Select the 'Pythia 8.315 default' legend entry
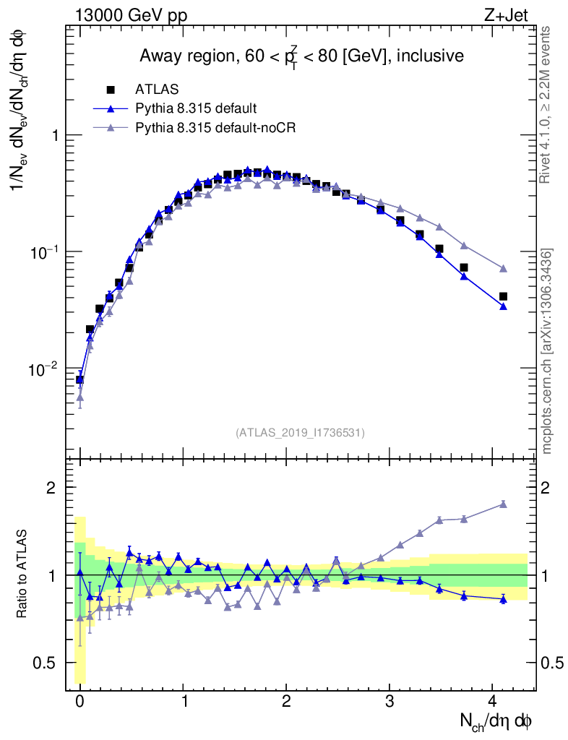196,108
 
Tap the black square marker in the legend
111,90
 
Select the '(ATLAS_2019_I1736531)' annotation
300,432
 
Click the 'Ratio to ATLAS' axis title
22,575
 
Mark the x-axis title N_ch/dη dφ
496,721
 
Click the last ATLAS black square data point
503,296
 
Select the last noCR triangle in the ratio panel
503,504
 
